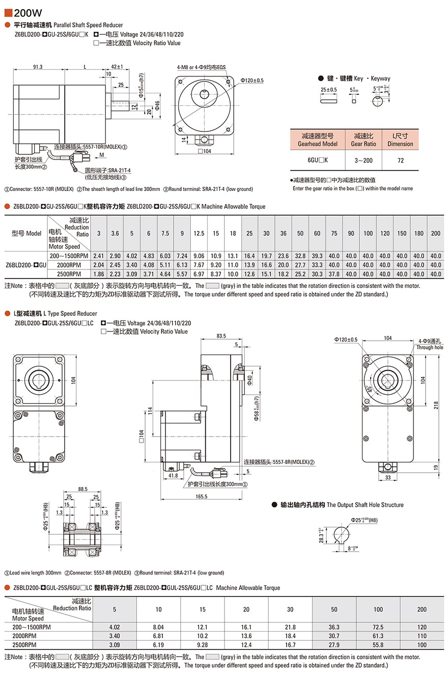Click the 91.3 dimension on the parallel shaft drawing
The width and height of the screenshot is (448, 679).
[x=38, y=67]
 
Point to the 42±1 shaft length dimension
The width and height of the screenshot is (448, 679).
[x=117, y=67]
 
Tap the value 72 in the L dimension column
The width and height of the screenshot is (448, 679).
[x=400, y=160]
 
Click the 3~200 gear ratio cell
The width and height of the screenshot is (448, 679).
[x=363, y=160]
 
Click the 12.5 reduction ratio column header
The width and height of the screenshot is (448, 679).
[x=199, y=233]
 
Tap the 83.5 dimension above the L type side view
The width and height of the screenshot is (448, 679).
[x=221, y=336]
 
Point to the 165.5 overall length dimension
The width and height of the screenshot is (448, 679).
[x=201, y=496]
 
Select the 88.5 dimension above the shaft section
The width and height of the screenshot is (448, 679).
[x=82, y=490]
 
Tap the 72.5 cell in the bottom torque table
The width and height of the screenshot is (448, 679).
[x=378, y=627]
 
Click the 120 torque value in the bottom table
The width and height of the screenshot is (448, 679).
[x=422, y=627]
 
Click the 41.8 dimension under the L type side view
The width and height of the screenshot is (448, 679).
[x=173, y=476]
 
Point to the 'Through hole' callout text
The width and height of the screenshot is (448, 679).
[x=430, y=347]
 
